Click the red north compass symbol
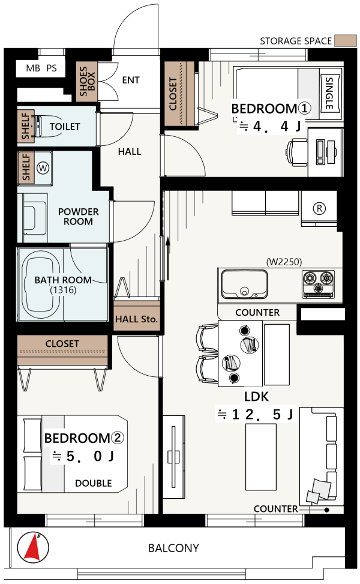[x=33, y=548]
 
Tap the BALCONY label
[x=173, y=548]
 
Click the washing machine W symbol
[x=43, y=168]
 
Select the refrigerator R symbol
[x=319, y=208]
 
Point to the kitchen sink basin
[x=244, y=284]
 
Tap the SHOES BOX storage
[x=87, y=81]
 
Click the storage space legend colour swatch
[x=346, y=41]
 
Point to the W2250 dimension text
[x=284, y=262]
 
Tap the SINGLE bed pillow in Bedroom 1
[x=330, y=93]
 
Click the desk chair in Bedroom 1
[x=297, y=152]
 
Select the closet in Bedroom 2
[x=62, y=351]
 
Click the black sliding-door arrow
[x=168, y=259]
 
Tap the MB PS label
[x=41, y=68]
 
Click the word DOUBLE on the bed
[x=94, y=483]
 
